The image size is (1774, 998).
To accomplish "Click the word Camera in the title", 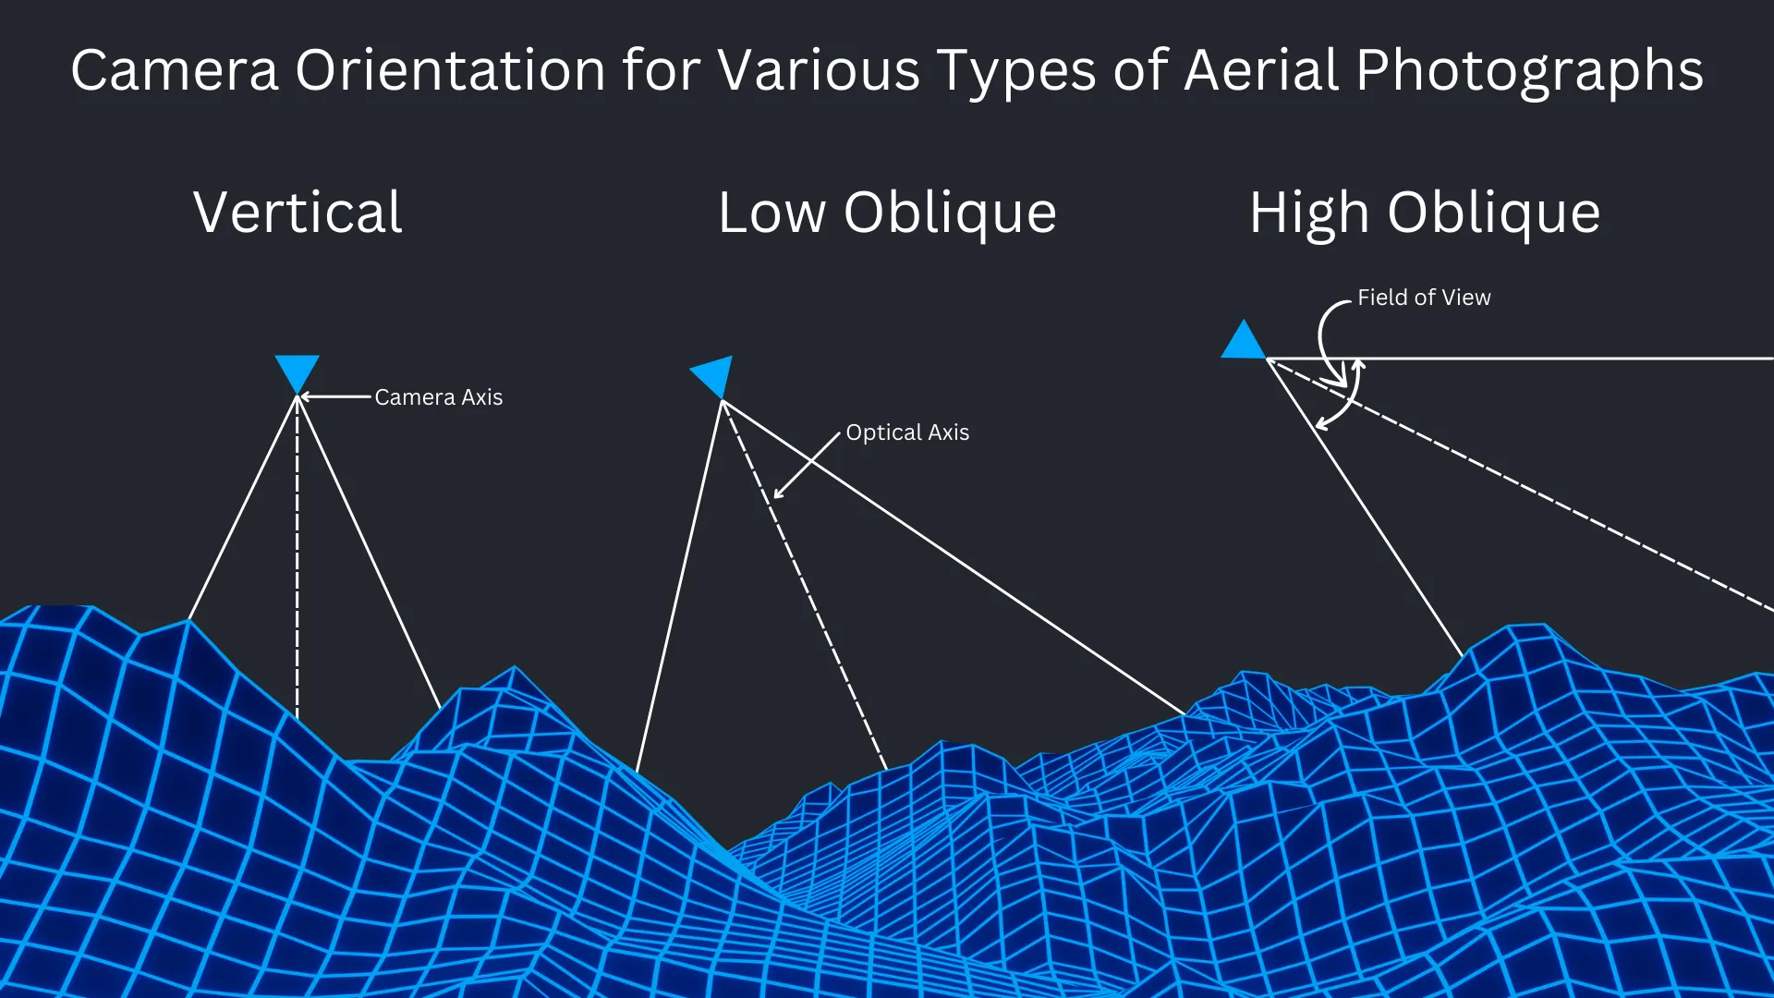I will (175, 70).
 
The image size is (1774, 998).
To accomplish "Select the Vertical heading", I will (298, 213).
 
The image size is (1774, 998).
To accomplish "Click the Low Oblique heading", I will (887, 213).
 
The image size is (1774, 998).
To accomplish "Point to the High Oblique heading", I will (1425, 213).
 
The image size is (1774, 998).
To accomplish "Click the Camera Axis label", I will (438, 397).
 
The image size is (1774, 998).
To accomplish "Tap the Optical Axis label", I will (907, 432).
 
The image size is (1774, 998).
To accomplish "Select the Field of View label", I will (1423, 298).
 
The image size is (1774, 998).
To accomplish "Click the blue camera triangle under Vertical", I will (297, 371).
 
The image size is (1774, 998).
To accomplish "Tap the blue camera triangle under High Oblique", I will (1244, 343).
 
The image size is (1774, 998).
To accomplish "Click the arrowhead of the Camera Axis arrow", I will (306, 397).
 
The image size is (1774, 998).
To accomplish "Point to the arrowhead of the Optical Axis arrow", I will (779, 493).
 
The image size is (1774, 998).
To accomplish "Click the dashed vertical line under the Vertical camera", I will (297, 554).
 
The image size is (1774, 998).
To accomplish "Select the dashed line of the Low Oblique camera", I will (804, 582).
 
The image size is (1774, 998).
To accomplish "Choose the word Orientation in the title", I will (450, 70).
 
